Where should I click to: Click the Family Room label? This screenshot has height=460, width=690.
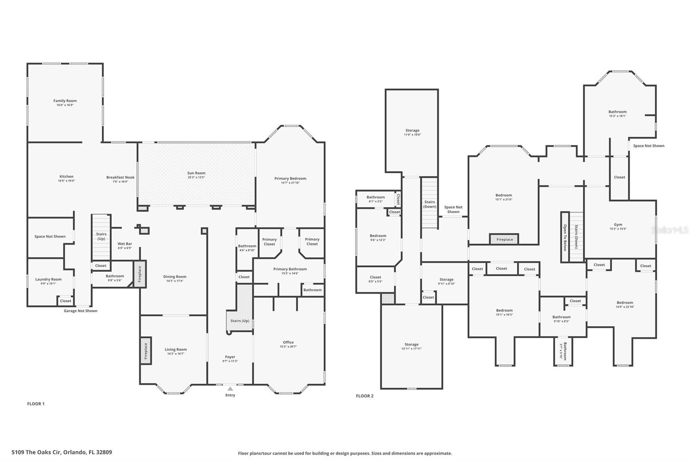click(65, 101)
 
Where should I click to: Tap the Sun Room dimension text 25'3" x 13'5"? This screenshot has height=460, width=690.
click(196, 177)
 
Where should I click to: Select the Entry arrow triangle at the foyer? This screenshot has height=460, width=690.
click(230, 389)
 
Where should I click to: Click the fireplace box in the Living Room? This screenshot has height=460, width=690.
click(146, 350)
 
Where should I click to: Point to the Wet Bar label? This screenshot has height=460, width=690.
click(125, 244)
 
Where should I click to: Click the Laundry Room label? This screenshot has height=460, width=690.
click(48, 279)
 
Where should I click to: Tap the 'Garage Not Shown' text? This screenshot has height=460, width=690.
click(81, 311)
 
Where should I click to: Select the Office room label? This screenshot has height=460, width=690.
click(288, 342)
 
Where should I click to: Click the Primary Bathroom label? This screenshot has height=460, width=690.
click(290, 269)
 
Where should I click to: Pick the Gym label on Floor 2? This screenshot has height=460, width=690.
click(618, 224)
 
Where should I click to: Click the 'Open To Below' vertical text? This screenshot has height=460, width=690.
click(565, 237)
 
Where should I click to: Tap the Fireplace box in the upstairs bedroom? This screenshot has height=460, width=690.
click(504, 239)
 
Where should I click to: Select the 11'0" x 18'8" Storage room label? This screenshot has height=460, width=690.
click(412, 130)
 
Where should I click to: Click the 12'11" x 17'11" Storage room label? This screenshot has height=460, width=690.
click(411, 344)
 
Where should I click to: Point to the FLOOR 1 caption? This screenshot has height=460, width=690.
click(36, 404)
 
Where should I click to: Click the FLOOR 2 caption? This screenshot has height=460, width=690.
click(364, 396)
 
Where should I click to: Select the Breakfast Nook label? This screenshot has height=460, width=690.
click(120, 177)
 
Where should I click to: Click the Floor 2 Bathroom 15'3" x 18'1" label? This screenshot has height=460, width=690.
click(617, 112)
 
